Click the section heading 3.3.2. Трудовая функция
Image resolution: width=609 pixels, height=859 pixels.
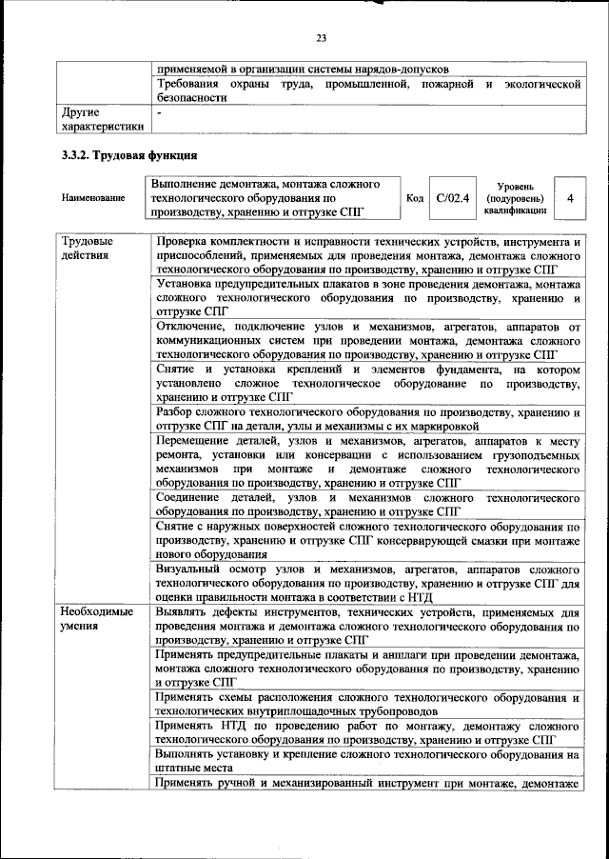click(x=129, y=156)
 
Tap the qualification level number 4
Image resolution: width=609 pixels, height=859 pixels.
click(x=569, y=198)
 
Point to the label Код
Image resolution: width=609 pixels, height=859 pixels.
click(x=415, y=198)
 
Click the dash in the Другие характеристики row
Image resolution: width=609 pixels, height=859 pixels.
click(x=160, y=111)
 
